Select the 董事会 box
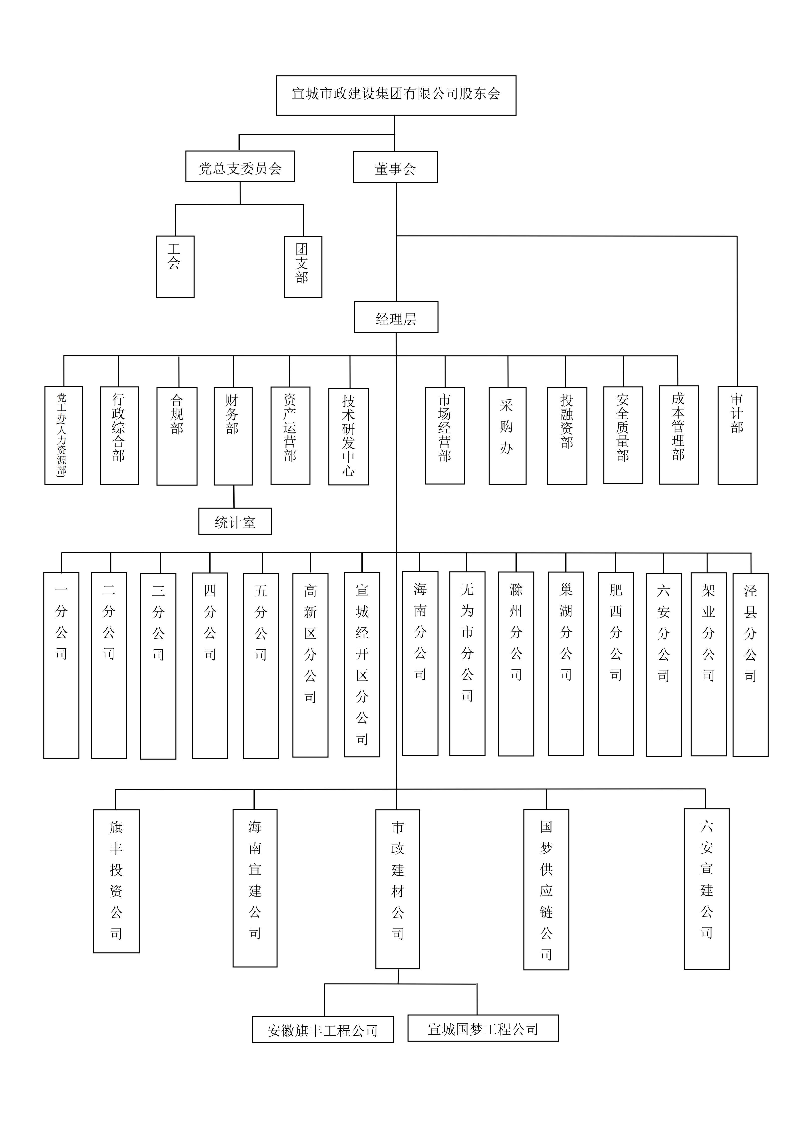tap(395, 167)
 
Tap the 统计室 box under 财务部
tap(235, 521)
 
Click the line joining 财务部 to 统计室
tap(234, 497)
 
